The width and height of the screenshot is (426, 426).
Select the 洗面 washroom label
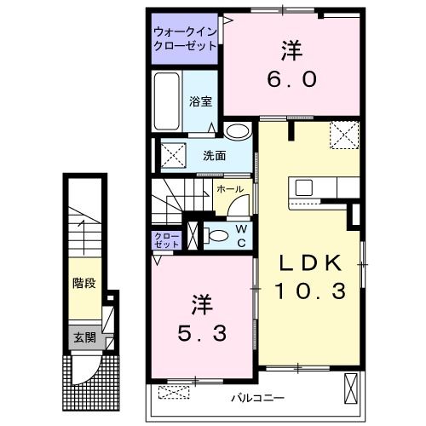[x=214, y=156]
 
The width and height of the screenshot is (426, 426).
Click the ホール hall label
[x=230, y=188]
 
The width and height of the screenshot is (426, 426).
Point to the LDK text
[x=309, y=262]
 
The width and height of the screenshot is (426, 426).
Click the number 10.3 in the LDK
[x=309, y=291]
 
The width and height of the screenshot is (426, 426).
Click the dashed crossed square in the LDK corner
[x=345, y=135]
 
